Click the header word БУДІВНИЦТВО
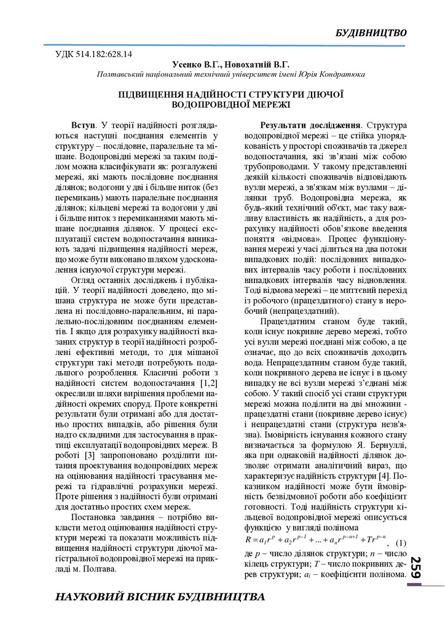pyautogui.click(x=371, y=33)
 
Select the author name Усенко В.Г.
pyautogui.click(x=195, y=64)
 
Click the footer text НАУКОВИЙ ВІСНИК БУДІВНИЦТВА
pyautogui.click(x=160, y=596)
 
